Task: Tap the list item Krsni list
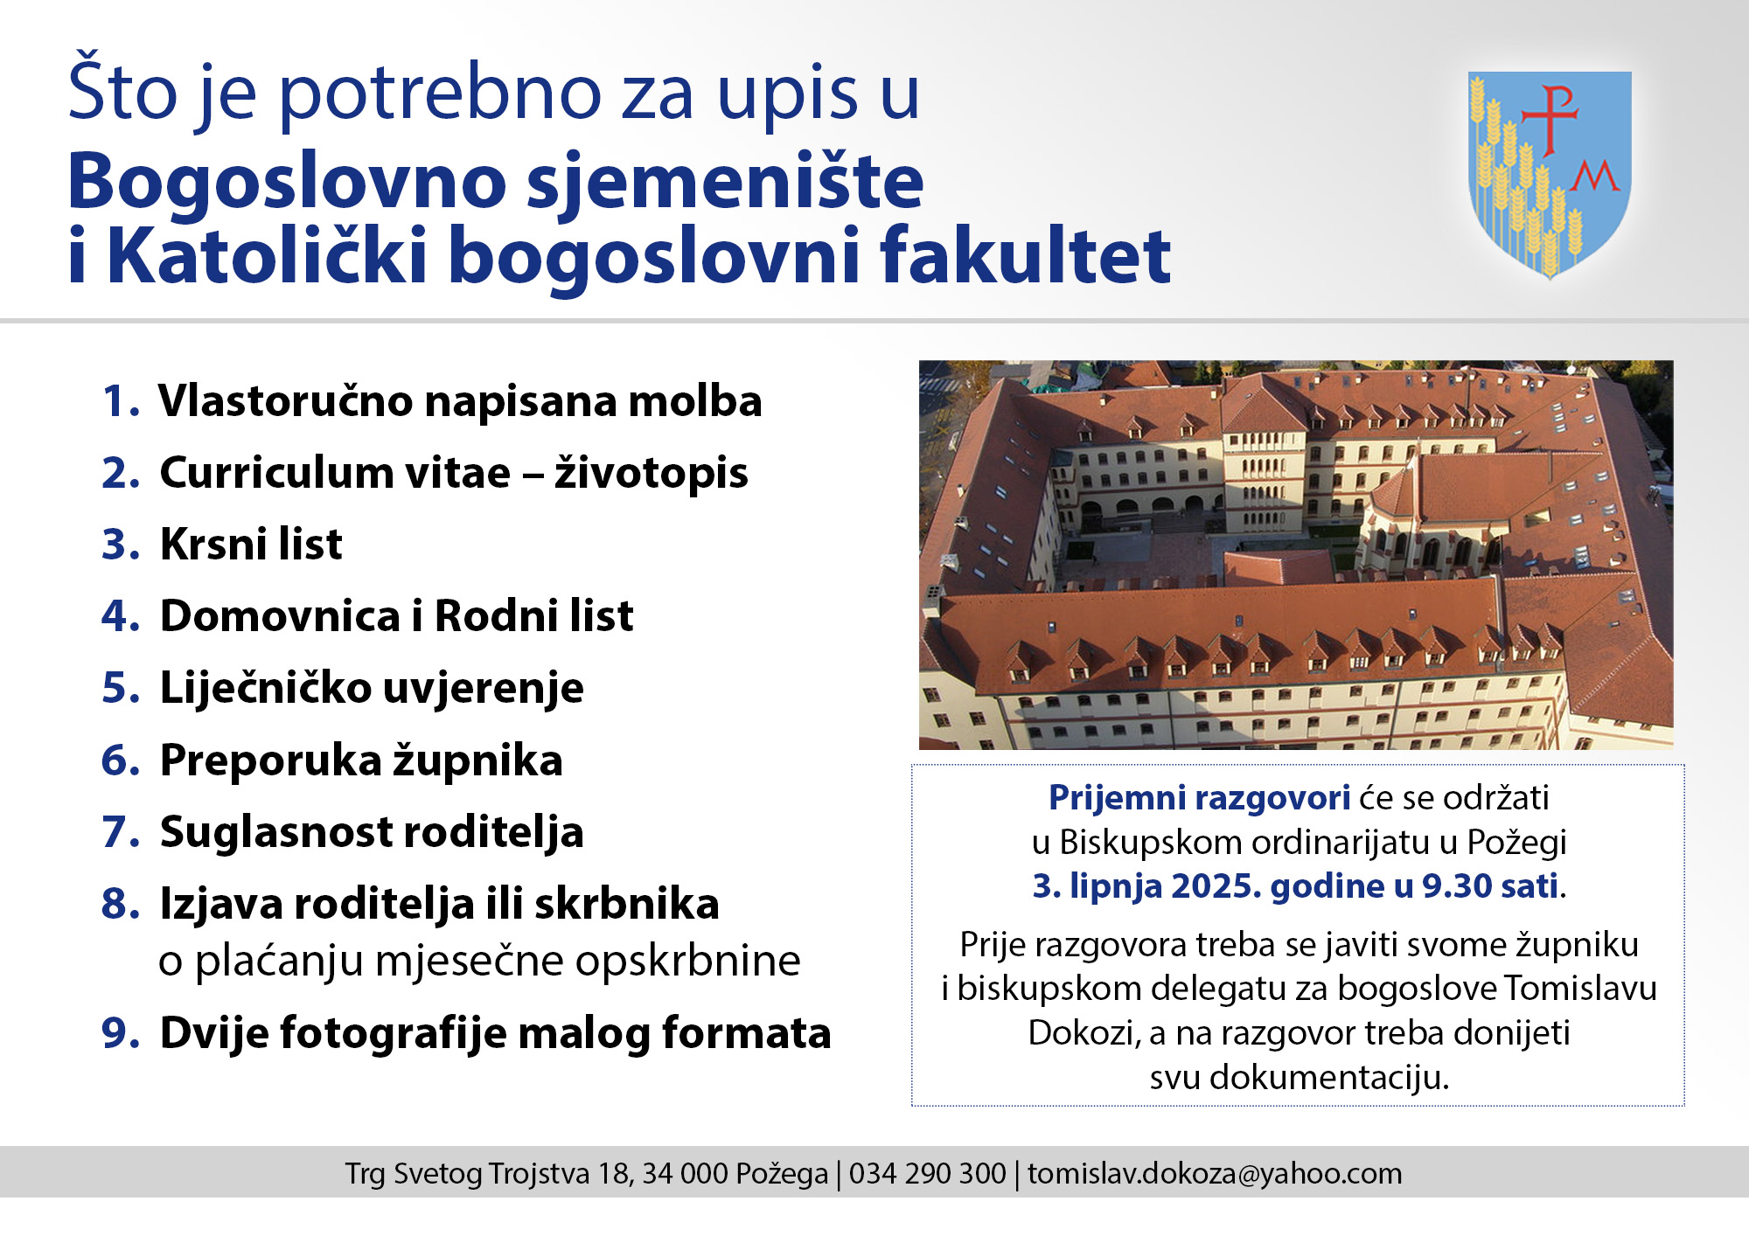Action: click(251, 544)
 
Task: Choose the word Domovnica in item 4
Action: click(280, 615)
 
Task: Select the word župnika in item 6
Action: click(477, 760)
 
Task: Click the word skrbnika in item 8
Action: click(627, 904)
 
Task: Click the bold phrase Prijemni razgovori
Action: click(1200, 798)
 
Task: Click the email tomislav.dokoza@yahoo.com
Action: click(1215, 1174)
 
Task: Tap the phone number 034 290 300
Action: click(927, 1173)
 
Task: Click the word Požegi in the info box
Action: click(1516, 843)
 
